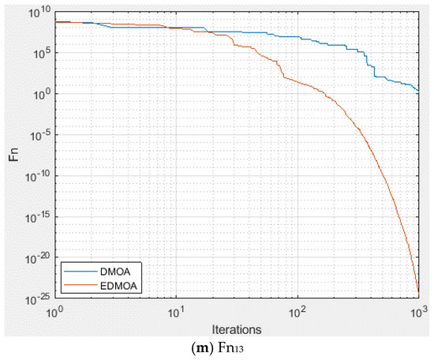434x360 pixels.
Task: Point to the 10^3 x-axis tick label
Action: point(418,309)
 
